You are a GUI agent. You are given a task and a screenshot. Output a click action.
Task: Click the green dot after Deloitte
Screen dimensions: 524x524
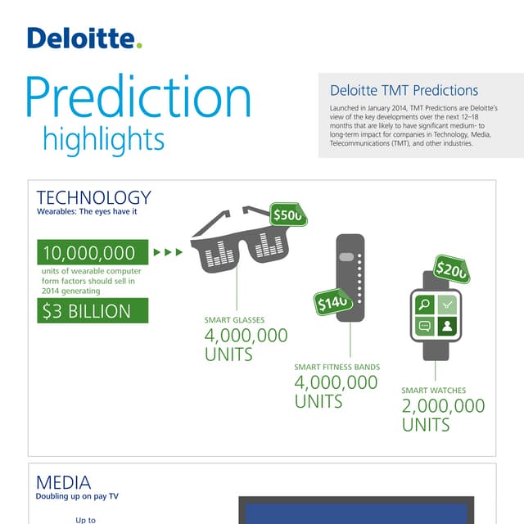click(x=139, y=45)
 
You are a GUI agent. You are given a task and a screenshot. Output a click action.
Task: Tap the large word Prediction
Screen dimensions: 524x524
click(x=138, y=97)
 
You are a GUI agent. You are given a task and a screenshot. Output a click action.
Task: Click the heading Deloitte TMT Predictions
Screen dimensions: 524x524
click(x=404, y=91)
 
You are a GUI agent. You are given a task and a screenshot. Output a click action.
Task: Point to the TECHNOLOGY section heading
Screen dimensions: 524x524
click(x=93, y=197)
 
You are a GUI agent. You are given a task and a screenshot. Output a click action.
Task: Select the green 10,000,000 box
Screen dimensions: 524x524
click(x=93, y=252)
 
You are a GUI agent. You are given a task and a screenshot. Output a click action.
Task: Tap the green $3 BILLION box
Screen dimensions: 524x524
click(x=93, y=311)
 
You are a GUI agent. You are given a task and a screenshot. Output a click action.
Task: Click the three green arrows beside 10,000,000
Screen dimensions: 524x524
click(x=168, y=252)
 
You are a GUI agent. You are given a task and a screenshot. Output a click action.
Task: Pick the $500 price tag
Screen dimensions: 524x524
click(x=288, y=215)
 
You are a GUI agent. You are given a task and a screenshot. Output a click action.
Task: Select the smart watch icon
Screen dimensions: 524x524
click(x=435, y=316)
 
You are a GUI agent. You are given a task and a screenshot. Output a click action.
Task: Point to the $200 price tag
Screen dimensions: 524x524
click(x=451, y=269)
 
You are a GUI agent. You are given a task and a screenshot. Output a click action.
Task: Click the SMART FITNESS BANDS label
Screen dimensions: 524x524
click(x=337, y=368)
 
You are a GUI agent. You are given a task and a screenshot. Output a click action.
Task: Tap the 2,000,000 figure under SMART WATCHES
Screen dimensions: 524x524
click(x=442, y=406)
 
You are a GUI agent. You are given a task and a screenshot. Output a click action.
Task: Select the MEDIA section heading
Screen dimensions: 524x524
click(x=63, y=482)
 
